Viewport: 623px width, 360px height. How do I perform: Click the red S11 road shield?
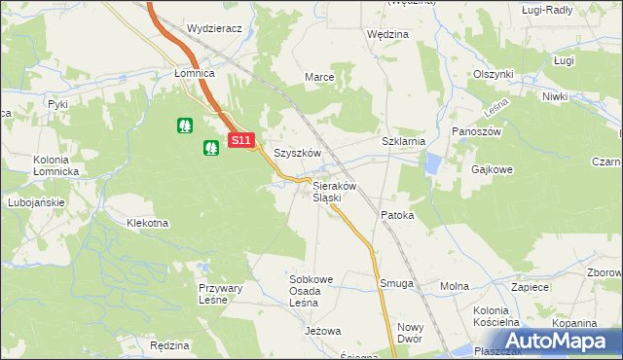242,141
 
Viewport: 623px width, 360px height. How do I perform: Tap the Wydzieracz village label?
214,29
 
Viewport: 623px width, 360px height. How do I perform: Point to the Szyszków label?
298,153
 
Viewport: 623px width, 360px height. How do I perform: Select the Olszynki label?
493,74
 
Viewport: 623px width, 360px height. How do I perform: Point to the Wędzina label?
387,34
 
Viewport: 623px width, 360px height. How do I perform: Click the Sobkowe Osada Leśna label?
311,291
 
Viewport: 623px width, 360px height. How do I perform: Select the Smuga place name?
397,284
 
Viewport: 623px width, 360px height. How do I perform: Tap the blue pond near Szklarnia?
432,166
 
